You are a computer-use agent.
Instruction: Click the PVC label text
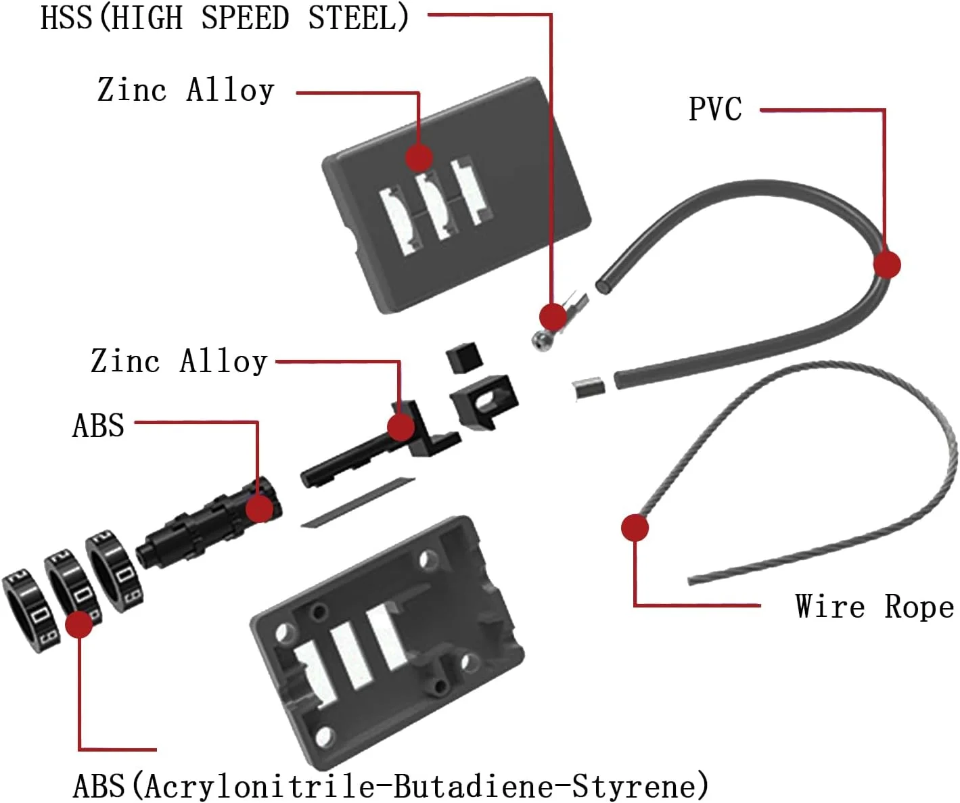715,109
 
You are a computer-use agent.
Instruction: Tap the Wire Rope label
874,607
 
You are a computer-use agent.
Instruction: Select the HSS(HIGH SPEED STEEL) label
225,18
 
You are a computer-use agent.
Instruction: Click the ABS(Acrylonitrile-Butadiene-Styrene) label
391,786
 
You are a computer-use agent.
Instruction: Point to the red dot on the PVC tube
886,265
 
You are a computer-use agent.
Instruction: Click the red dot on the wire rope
635,528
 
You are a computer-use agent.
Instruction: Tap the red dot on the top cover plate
419,157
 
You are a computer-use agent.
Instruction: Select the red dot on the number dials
79,624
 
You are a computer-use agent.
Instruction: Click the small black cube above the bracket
463,357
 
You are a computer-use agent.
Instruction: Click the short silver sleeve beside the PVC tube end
588,388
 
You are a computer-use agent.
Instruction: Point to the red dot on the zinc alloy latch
401,427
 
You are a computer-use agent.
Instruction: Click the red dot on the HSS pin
553,316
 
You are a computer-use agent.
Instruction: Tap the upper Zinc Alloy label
186,90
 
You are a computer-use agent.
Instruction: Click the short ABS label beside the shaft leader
99,426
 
